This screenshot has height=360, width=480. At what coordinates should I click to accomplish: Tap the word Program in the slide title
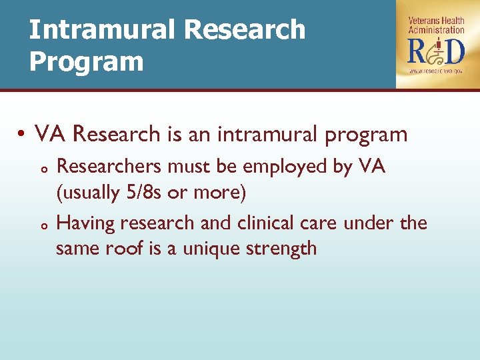[x=86, y=61]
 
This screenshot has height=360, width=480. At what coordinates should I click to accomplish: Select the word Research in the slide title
[x=244, y=29]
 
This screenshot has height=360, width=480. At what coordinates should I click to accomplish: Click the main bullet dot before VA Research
[x=23, y=135]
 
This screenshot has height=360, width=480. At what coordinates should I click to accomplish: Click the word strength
[x=286, y=250]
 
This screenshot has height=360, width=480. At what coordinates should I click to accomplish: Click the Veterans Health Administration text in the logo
[x=436, y=25]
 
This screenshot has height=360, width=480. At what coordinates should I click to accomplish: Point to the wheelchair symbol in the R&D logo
[x=436, y=51]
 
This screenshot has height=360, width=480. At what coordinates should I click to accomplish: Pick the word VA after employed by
[x=371, y=166]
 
